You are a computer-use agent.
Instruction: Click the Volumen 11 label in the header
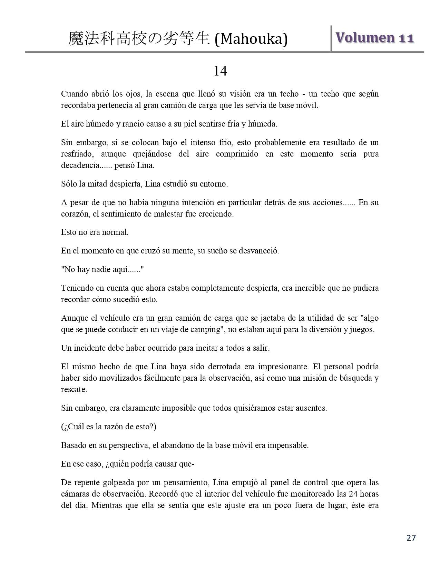coord(374,38)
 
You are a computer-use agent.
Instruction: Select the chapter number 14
coord(220,71)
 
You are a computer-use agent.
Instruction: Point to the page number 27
coord(411,538)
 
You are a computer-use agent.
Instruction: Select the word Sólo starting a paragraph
coord(69,184)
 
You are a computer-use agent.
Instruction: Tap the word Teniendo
coord(77,288)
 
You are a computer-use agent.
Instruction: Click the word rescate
coord(74,390)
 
